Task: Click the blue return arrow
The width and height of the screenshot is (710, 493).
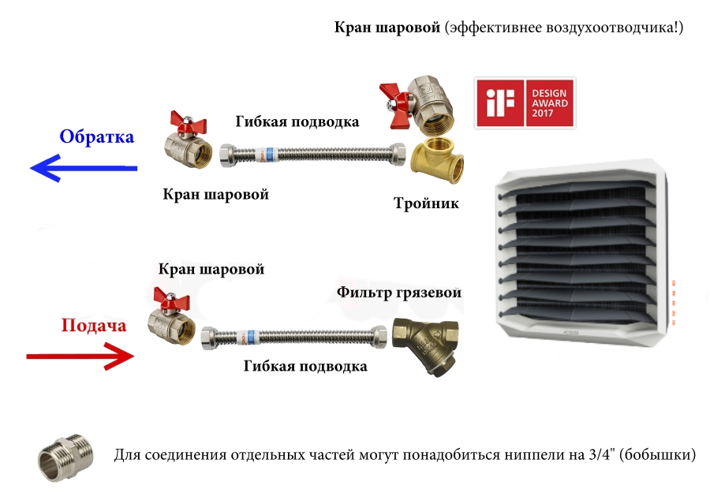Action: (x=84, y=168)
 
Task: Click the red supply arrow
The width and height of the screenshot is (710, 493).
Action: (x=80, y=357)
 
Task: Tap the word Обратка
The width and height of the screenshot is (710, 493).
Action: (x=97, y=136)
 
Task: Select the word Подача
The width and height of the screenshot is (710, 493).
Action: (x=94, y=326)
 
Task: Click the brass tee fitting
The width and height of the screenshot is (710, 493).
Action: (x=437, y=161)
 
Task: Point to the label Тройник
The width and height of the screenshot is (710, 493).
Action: (x=426, y=204)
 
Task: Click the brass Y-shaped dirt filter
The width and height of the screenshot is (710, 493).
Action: (x=425, y=346)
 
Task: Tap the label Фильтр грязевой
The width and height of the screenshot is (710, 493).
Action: (x=399, y=293)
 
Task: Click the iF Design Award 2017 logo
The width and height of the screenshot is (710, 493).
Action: (x=525, y=103)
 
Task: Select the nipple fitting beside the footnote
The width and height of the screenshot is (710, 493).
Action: (x=65, y=458)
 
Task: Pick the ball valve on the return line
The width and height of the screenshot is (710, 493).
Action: (x=188, y=139)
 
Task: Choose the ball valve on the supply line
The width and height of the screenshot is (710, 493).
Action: (x=171, y=316)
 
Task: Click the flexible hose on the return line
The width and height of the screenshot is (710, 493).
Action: (x=312, y=155)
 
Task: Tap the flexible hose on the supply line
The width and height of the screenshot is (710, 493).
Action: (x=294, y=338)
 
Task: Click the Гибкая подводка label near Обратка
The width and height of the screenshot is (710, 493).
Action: (x=297, y=121)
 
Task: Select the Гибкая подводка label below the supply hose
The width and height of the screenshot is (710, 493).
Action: (x=305, y=366)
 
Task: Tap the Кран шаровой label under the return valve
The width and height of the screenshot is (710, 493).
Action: (x=216, y=195)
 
